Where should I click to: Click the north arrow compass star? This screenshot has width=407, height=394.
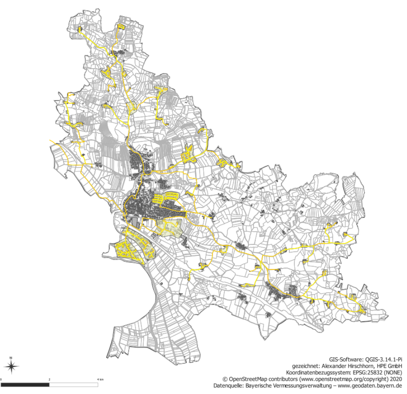[12, 366]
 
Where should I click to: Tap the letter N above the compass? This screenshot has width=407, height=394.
[12, 357]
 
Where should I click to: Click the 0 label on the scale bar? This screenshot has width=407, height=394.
[1, 379]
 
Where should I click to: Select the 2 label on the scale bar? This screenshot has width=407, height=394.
[49, 379]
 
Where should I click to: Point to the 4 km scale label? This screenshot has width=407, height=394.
[100, 379]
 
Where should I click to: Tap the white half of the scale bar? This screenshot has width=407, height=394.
[74, 385]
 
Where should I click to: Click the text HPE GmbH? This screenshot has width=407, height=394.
[390, 366]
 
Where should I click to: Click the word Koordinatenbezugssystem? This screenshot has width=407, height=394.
[311, 372]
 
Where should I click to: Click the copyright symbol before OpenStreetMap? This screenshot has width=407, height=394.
[225, 379]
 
